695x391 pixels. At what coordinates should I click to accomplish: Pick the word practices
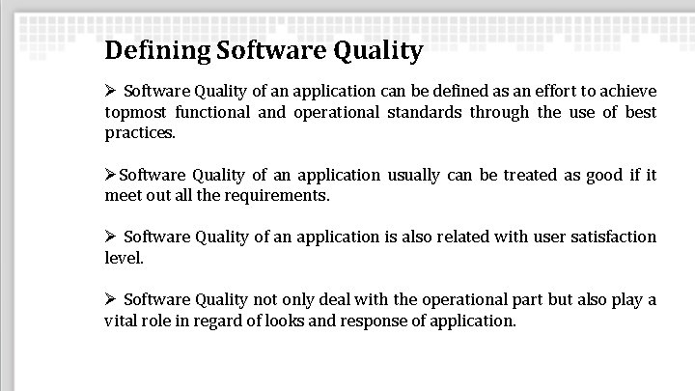coord(140,133)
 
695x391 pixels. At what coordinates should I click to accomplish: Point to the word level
coord(124,258)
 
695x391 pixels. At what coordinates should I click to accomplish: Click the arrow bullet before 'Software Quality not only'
coord(111,299)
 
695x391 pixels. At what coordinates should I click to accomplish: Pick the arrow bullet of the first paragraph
coord(111,91)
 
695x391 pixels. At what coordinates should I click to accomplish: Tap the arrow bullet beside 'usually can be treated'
coord(111,175)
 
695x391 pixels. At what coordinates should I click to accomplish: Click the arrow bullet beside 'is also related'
coord(111,237)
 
